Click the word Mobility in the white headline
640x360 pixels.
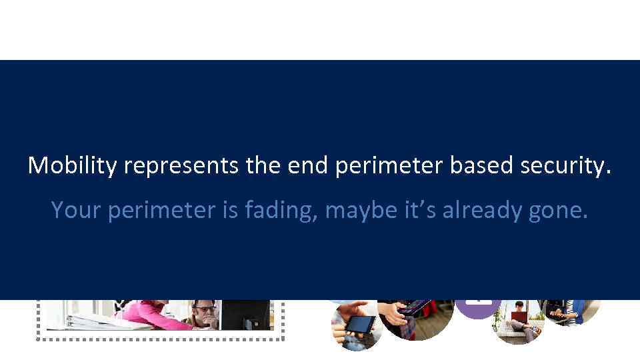[71, 165]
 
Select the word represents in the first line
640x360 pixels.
[180, 165]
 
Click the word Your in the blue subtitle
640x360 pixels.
[75, 210]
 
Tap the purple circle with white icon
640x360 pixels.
[477, 308]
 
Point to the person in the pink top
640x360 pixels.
[153, 313]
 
